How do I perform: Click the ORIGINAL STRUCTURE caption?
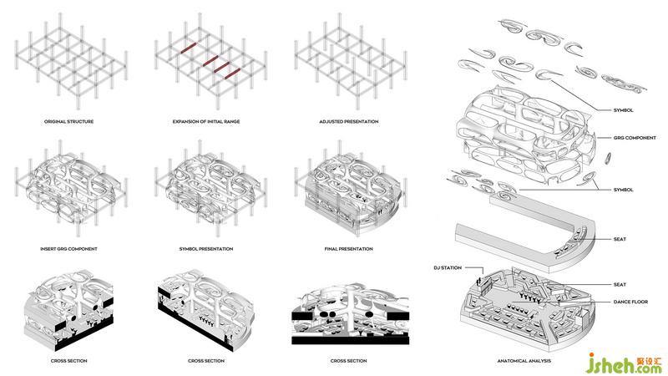tap(68, 122)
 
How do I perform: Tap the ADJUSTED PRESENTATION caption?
tap(348, 122)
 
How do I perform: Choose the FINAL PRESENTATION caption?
tap(348, 249)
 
